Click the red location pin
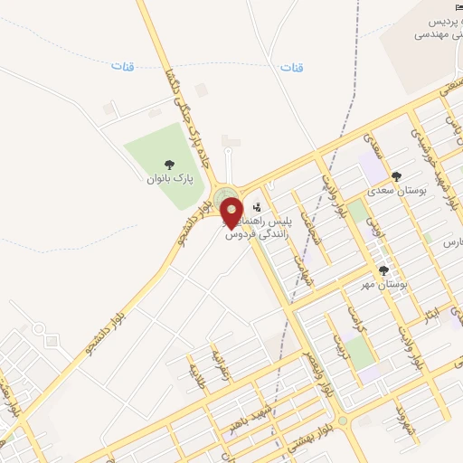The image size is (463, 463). (231, 212)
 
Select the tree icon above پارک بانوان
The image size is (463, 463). (169, 164)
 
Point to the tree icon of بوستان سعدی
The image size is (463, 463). (395, 176)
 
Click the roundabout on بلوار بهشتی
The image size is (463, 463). (342, 421)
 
